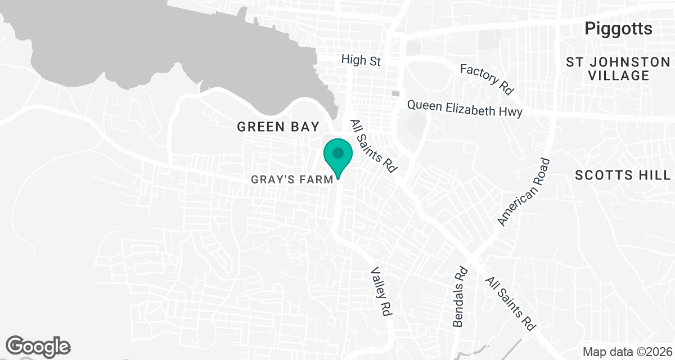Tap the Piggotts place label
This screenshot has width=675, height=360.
pos(618,29)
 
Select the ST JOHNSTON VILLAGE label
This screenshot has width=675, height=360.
pos(618,69)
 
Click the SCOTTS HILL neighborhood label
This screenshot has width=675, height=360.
pos(623,175)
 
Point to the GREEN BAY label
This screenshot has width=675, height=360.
pos(278,127)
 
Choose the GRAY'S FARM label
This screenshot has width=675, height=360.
pos(292,180)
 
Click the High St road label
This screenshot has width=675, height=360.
pos(362,60)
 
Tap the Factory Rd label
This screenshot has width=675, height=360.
pos(487,79)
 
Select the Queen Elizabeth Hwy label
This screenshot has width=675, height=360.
pos(465,108)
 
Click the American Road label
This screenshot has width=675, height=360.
pos(523,192)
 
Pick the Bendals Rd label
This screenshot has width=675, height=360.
pos(460,296)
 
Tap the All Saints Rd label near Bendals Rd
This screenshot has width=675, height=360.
pos(511,304)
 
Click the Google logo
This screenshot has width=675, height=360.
pos(38,346)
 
